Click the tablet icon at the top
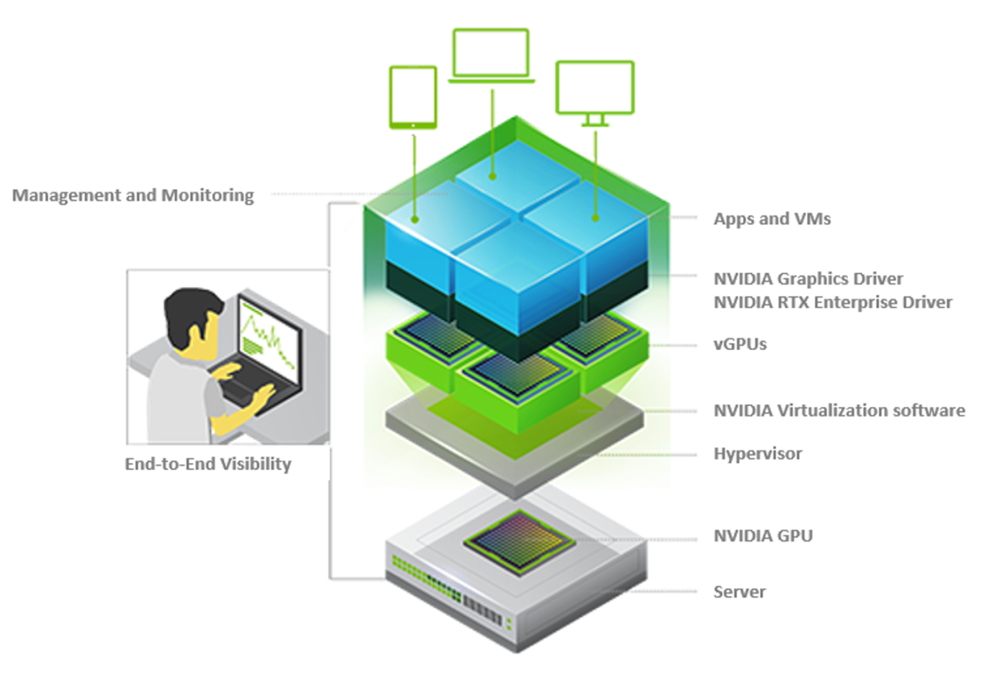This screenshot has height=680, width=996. tap(413, 97)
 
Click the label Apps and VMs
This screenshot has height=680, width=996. tap(772, 219)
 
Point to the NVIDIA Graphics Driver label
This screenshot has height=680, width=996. tap(808, 279)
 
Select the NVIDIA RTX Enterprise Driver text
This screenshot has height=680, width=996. tap(833, 302)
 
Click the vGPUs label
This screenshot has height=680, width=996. tap(740, 344)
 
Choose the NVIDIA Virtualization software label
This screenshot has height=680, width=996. tap(839, 410)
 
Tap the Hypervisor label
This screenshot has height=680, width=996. tap(757, 454)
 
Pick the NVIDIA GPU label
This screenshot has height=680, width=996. tap(763, 535)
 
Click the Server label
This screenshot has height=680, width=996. tap(739, 591)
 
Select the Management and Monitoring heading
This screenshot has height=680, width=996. tap(133, 195)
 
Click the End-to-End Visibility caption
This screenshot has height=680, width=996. tap(207, 463)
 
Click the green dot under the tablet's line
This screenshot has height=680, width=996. tap(415, 219)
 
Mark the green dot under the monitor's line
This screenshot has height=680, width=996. tap(596, 218)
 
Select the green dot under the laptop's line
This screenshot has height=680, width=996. tap(492, 176)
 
